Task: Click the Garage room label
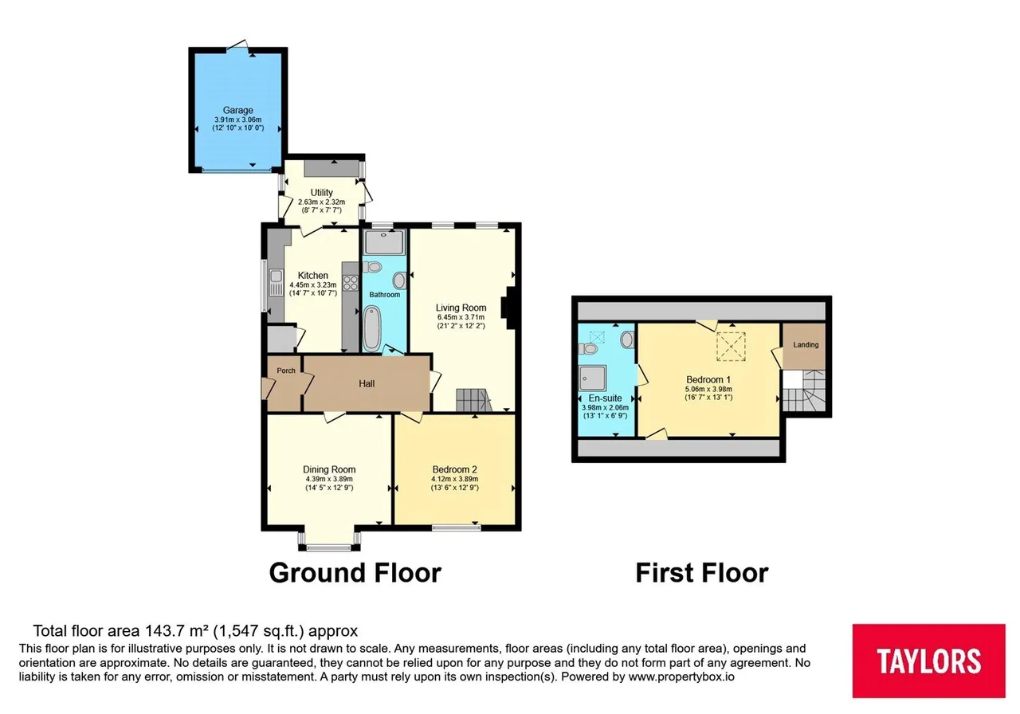[237, 110]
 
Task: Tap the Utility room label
[321, 192]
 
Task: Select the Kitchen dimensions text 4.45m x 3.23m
[313, 285]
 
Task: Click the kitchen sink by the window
[276, 282]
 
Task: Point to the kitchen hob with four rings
[350, 283]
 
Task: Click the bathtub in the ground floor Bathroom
[372, 328]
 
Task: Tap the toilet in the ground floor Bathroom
[372, 267]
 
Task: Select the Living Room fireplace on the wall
[508, 308]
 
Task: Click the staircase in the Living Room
[474, 400]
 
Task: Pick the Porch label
[286, 371]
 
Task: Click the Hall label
[367, 384]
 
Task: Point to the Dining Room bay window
[329, 541]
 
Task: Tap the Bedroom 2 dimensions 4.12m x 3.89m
[454, 479]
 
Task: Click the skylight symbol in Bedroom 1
[731, 347]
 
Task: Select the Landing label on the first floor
[806, 345]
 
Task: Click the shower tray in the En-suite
[592, 379]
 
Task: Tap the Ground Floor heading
[355, 572]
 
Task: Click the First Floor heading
[702, 572]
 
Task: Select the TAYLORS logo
[929, 661]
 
